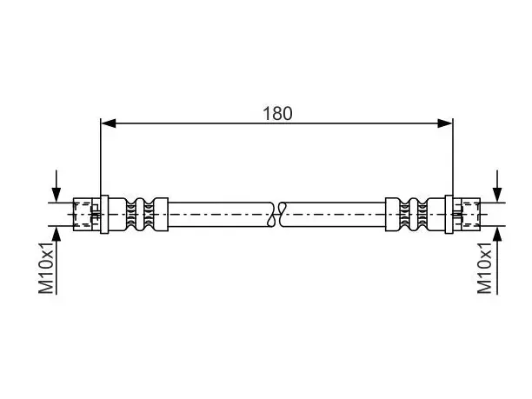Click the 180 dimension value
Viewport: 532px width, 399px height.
click(x=277, y=113)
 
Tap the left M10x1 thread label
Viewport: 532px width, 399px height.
click(x=46, y=268)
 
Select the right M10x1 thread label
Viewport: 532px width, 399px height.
click(x=484, y=268)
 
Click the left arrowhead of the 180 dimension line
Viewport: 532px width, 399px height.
click(x=109, y=123)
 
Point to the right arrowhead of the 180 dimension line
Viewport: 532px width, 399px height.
click(x=445, y=123)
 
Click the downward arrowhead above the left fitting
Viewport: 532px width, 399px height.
click(x=57, y=195)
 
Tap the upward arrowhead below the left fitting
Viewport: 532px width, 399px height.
click(x=57, y=234)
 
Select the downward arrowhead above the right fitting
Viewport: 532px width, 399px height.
click(x=497, y=195)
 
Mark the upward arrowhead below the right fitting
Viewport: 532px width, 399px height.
click(x=497, y=234)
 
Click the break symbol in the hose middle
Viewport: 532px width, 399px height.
click(x=277, y=215)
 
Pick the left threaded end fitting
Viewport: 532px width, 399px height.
click(x=87, y=215)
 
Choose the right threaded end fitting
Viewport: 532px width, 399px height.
click(x=467, y=215)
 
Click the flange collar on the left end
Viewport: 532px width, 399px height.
click(x=104, y=215)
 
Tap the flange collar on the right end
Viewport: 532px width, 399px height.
click(x=449, y=215)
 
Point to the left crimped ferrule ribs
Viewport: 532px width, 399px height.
click(x=140, y=215)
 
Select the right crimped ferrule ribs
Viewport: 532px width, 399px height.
click(x=414, y=215)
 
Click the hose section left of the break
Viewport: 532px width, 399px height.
click(x=221, y=215)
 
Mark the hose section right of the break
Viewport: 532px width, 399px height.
click(x=334, y=215)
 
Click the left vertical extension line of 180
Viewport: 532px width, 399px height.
click(x=101, y=156)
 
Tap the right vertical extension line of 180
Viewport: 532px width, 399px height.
click(x=453, y=156)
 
